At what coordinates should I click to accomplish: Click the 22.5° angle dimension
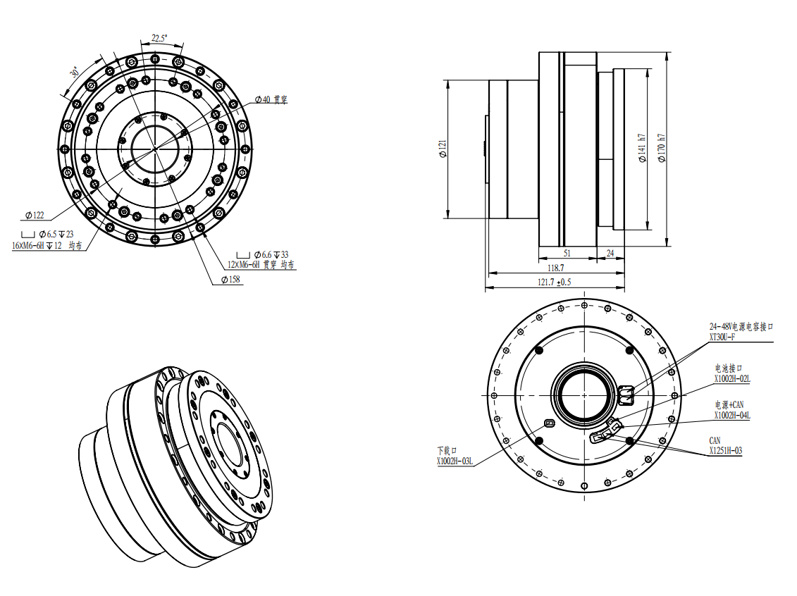pos(159,38)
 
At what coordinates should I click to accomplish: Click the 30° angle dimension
pos(74,72)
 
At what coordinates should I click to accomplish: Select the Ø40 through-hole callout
pos(271,99)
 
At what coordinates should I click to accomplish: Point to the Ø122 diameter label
pos(35,216)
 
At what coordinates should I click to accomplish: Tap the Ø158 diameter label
pos(230,280)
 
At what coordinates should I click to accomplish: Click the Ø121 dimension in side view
pos(443,149)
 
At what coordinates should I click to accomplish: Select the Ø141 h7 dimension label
pos(642,148)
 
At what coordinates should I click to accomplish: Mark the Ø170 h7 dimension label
pos(661,148)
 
